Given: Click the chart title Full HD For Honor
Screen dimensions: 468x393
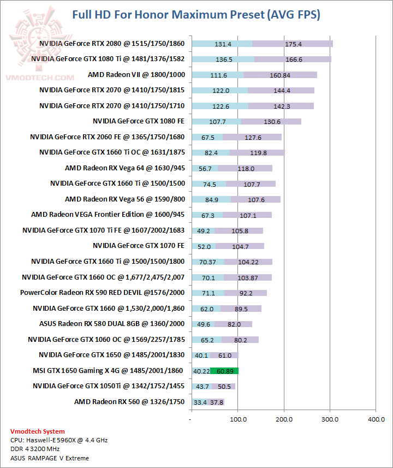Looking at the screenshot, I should pos(196,15).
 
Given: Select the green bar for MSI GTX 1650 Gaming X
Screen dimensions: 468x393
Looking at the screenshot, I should pos(224,371).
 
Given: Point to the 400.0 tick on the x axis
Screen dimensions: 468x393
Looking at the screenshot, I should pos(376,419).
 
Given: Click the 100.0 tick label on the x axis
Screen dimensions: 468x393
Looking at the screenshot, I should pos(237,419).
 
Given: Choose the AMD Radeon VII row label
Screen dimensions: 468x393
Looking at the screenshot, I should pos(137,75).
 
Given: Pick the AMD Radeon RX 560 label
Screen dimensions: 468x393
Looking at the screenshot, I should pos(129,402).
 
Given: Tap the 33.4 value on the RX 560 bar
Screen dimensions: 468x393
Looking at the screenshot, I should pos(200,402).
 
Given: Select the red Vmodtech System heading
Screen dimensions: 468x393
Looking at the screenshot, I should pos(37,431).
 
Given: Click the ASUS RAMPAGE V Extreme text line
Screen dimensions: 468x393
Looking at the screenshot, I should pos(50,458).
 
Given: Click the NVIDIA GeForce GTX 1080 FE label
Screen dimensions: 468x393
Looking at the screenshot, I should pos(139,121).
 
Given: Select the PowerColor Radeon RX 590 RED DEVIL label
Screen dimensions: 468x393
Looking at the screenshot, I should pos(103,293).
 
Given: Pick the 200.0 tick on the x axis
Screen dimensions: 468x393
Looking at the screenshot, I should pos(284,419).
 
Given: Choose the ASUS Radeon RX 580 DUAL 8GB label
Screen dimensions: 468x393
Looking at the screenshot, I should pos(112,324).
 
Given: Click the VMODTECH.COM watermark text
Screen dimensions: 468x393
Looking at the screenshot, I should pos(40,78).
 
